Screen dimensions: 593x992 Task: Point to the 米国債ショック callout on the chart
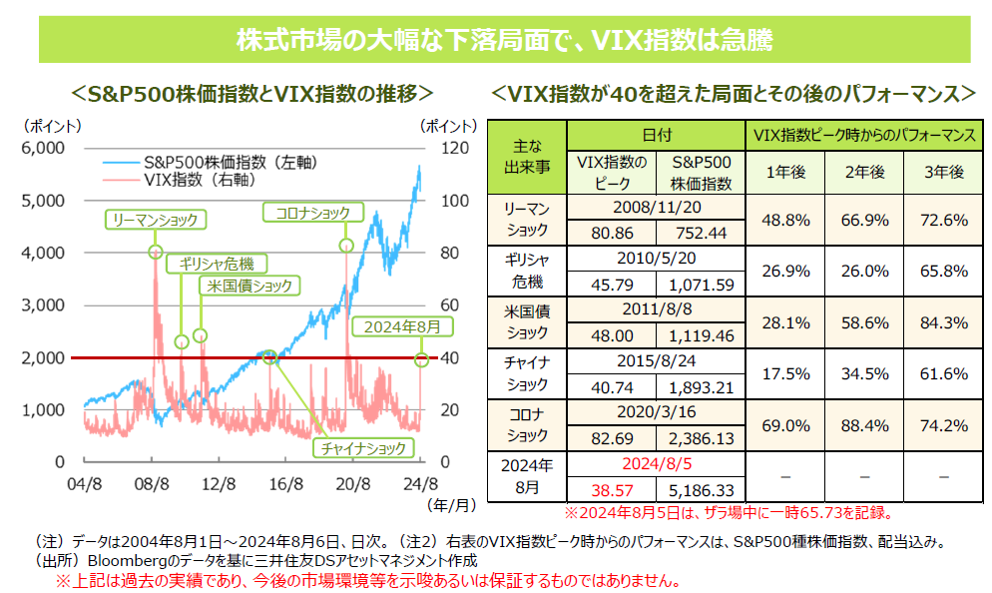[x=249, y=286]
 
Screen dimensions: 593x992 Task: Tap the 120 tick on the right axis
[x=448, y=148]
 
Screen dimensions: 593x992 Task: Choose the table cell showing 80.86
[x=612, y=233]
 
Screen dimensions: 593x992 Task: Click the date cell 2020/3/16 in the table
[x=655, y=413]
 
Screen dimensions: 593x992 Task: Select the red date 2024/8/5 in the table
[x=655, y=464]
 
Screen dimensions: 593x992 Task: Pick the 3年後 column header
[x=942, y=172]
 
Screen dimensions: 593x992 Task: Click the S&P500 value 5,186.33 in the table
[x=703, y=490]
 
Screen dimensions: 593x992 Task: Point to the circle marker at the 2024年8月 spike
[x=422, y=358]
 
